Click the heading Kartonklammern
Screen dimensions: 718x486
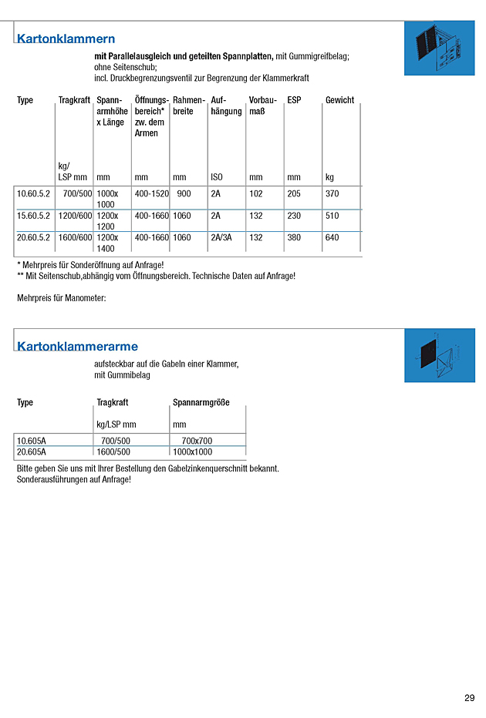(66, 39)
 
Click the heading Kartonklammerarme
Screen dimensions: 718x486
(77, 346)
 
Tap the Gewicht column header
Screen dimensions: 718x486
(339, 100)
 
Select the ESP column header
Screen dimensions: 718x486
(294, 100)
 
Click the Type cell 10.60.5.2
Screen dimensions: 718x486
(33, 194)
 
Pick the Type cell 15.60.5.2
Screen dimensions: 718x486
(33, 216)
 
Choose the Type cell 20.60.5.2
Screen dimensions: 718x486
(33, 237)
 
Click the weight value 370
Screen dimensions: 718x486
(332, 194)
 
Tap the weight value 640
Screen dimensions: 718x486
(332, 237)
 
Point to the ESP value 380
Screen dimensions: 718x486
(294, 237)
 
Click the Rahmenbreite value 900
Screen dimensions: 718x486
(184, 194)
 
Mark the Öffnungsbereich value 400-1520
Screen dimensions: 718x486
(151, 194)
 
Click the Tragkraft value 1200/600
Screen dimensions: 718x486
(76, 216)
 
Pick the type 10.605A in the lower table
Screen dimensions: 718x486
(32, 441)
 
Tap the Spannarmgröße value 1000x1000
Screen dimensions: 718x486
(192, 451)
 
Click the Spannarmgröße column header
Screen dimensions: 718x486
(201, 402)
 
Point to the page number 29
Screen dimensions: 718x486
(470, 698)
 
